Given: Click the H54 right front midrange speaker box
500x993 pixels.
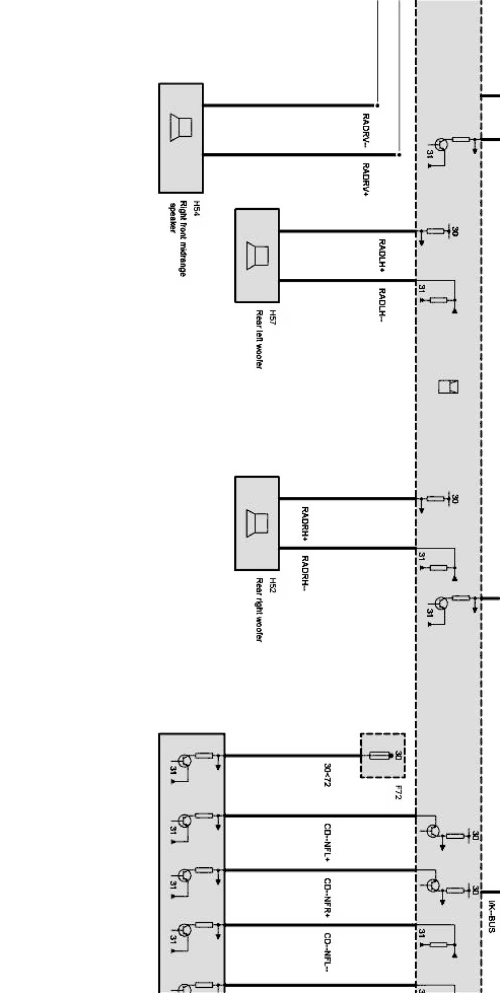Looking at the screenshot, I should (x=181, y=138).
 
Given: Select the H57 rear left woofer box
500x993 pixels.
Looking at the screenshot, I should (x=257, y=256).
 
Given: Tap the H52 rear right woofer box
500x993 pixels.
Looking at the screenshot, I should (x=257, y=523).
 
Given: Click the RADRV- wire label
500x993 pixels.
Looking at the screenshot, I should (x=366, y=130).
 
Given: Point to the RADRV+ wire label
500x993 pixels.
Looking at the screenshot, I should (x=366, y=180).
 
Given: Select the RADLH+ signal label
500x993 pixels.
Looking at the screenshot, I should (x=382, y=255).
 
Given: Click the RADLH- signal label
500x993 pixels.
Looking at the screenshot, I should (x=382, y=304).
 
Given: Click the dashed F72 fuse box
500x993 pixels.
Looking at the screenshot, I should (x=383, y=755).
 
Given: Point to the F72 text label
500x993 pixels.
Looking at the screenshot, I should (x=398, y=792).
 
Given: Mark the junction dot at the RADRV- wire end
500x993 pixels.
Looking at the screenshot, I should (x=378, y=106).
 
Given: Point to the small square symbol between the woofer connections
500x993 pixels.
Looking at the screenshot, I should (x=448, y=386).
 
